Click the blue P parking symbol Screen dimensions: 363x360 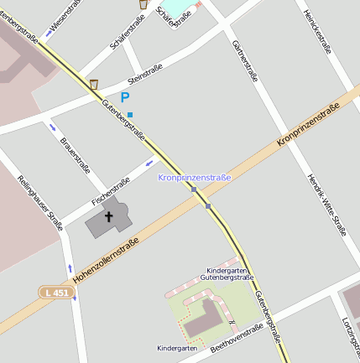click(125, 98)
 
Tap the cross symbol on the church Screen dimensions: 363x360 click(108, 216)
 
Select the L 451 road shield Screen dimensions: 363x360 click(55, 291)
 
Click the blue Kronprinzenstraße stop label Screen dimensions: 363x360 click(194, 178)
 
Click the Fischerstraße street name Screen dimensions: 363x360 click(111, 190)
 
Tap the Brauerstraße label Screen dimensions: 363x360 click(76, 152)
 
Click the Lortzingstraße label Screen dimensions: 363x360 click(349, 331)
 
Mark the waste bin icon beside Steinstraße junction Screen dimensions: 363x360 click(93, 84)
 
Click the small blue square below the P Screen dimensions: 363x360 click(129, 114)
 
